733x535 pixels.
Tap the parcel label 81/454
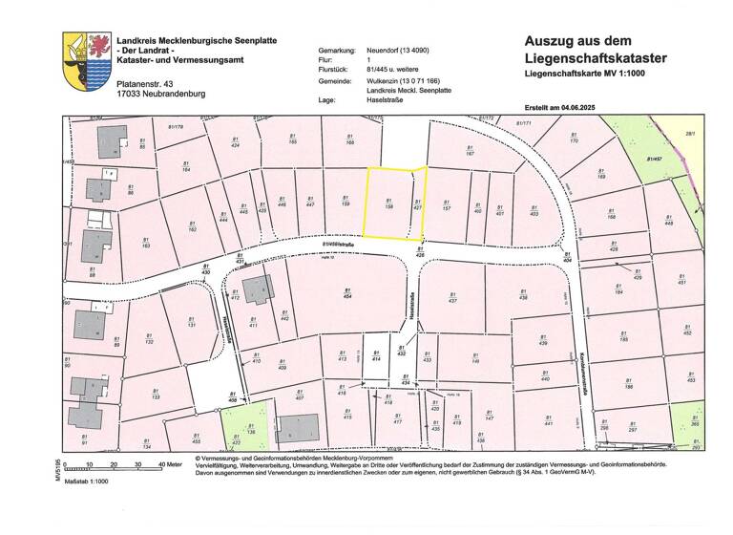click(347, 293)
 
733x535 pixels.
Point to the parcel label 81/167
click(470, 150)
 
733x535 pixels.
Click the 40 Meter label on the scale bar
click(170, 464)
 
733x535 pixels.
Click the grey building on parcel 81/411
click(256, 289)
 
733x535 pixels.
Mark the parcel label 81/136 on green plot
click(251, 429)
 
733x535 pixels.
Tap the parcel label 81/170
click(573, 144)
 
